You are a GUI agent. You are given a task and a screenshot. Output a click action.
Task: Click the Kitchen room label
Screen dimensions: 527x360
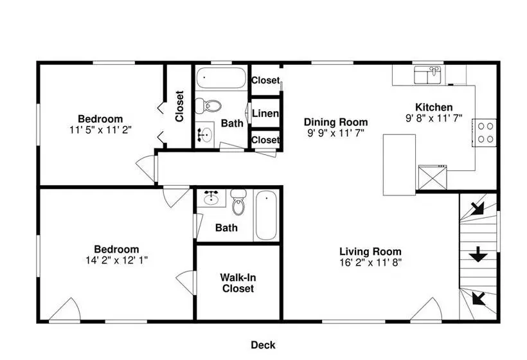434,107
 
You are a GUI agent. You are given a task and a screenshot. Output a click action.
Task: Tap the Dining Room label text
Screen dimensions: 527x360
335,122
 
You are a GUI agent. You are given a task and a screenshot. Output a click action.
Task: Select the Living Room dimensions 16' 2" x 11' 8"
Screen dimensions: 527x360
370,262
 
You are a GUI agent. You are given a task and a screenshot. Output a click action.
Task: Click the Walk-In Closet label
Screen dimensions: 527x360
238,283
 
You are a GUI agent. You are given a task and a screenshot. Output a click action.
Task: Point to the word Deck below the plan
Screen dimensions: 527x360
263,345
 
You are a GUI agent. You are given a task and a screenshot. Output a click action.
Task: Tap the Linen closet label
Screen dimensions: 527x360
265,114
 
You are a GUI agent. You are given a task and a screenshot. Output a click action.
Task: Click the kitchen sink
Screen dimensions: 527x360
427,75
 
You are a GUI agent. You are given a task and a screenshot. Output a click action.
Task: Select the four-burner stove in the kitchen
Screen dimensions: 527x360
485,133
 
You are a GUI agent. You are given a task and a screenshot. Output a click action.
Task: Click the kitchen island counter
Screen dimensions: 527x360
399,165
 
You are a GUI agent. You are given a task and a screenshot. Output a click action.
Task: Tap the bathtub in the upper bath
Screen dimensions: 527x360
221,78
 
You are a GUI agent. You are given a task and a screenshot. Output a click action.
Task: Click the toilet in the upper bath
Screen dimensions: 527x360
208,106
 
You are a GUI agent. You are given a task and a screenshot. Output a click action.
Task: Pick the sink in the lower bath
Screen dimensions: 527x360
211,198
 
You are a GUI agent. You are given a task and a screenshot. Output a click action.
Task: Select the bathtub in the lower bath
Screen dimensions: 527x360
266,215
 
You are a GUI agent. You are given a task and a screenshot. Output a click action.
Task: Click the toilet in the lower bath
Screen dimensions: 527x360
238,203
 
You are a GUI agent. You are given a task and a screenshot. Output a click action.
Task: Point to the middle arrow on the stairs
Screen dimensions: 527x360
478,255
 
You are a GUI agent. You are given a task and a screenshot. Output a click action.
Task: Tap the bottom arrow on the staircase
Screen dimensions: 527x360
479,298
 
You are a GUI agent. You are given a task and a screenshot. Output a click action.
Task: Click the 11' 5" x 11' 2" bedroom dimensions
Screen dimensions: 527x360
100,130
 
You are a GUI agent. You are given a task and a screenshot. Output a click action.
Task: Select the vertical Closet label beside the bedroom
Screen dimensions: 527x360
179,106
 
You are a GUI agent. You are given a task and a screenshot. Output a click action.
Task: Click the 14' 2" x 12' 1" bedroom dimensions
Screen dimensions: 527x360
116,260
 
